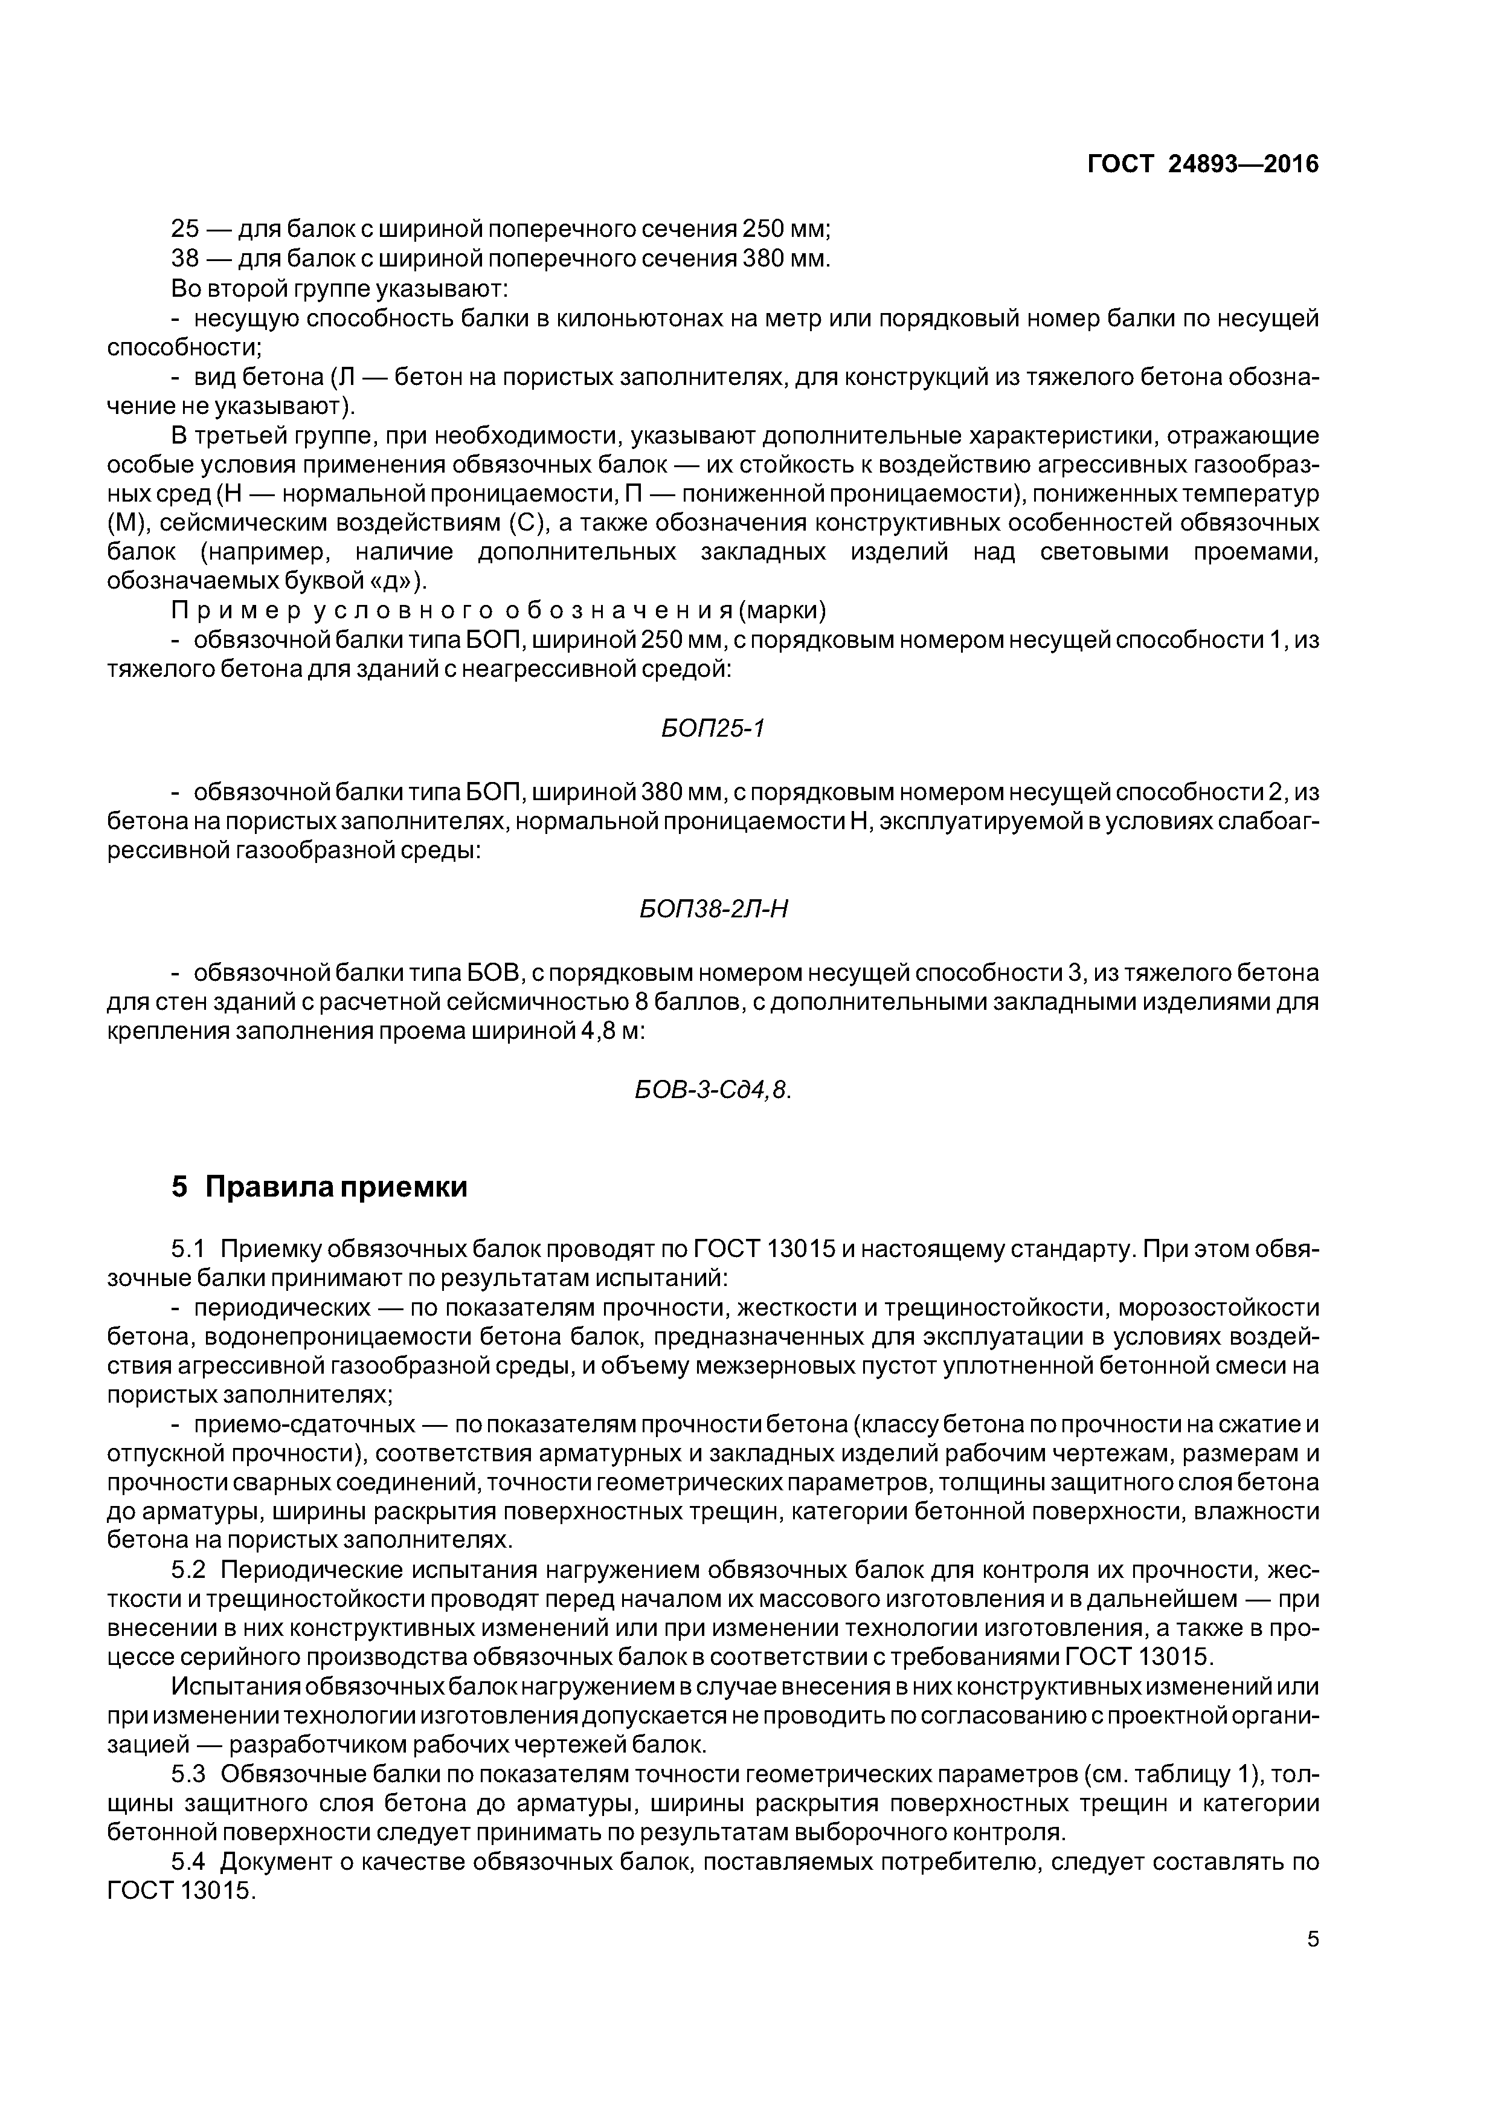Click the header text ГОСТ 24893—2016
click(x=1203, y=164)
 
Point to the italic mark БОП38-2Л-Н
click(x=713, y=910)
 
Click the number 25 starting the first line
click(x=185, y=228)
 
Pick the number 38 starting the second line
click(x=185, y=259)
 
